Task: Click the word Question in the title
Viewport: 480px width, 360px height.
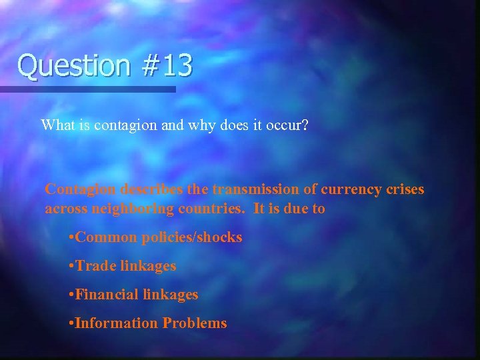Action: click(65, 66)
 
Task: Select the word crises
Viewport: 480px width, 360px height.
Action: click(404, 189)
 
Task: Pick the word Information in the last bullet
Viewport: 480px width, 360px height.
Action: click(117, 323)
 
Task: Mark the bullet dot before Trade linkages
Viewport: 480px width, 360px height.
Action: click(71, 267)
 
